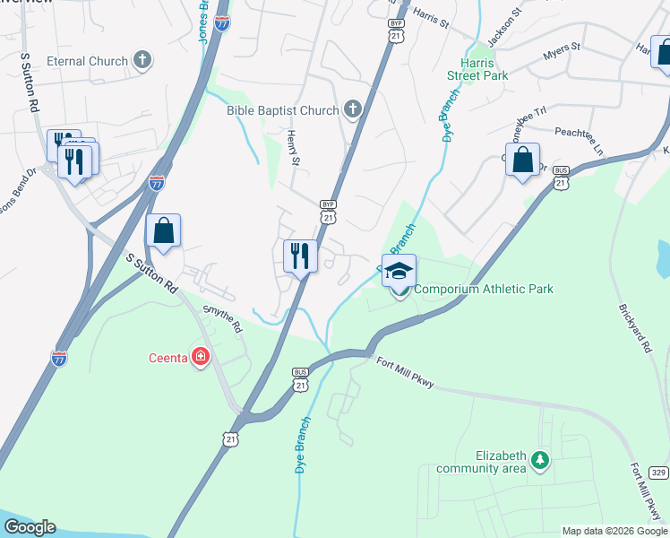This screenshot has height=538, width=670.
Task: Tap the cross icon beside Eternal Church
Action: [142, 61]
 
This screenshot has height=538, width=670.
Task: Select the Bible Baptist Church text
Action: [282, 110]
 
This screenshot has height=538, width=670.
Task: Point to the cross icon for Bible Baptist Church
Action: [352, 110]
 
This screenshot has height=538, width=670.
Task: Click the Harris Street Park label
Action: [484, 70]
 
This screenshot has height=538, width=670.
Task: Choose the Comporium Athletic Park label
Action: [484, 289]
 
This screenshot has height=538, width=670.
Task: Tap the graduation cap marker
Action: [399, 270]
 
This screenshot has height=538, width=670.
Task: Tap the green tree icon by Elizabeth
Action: [539, 460]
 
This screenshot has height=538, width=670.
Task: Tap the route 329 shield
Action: [658, 472]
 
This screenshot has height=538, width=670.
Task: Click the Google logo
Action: [29, 527]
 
